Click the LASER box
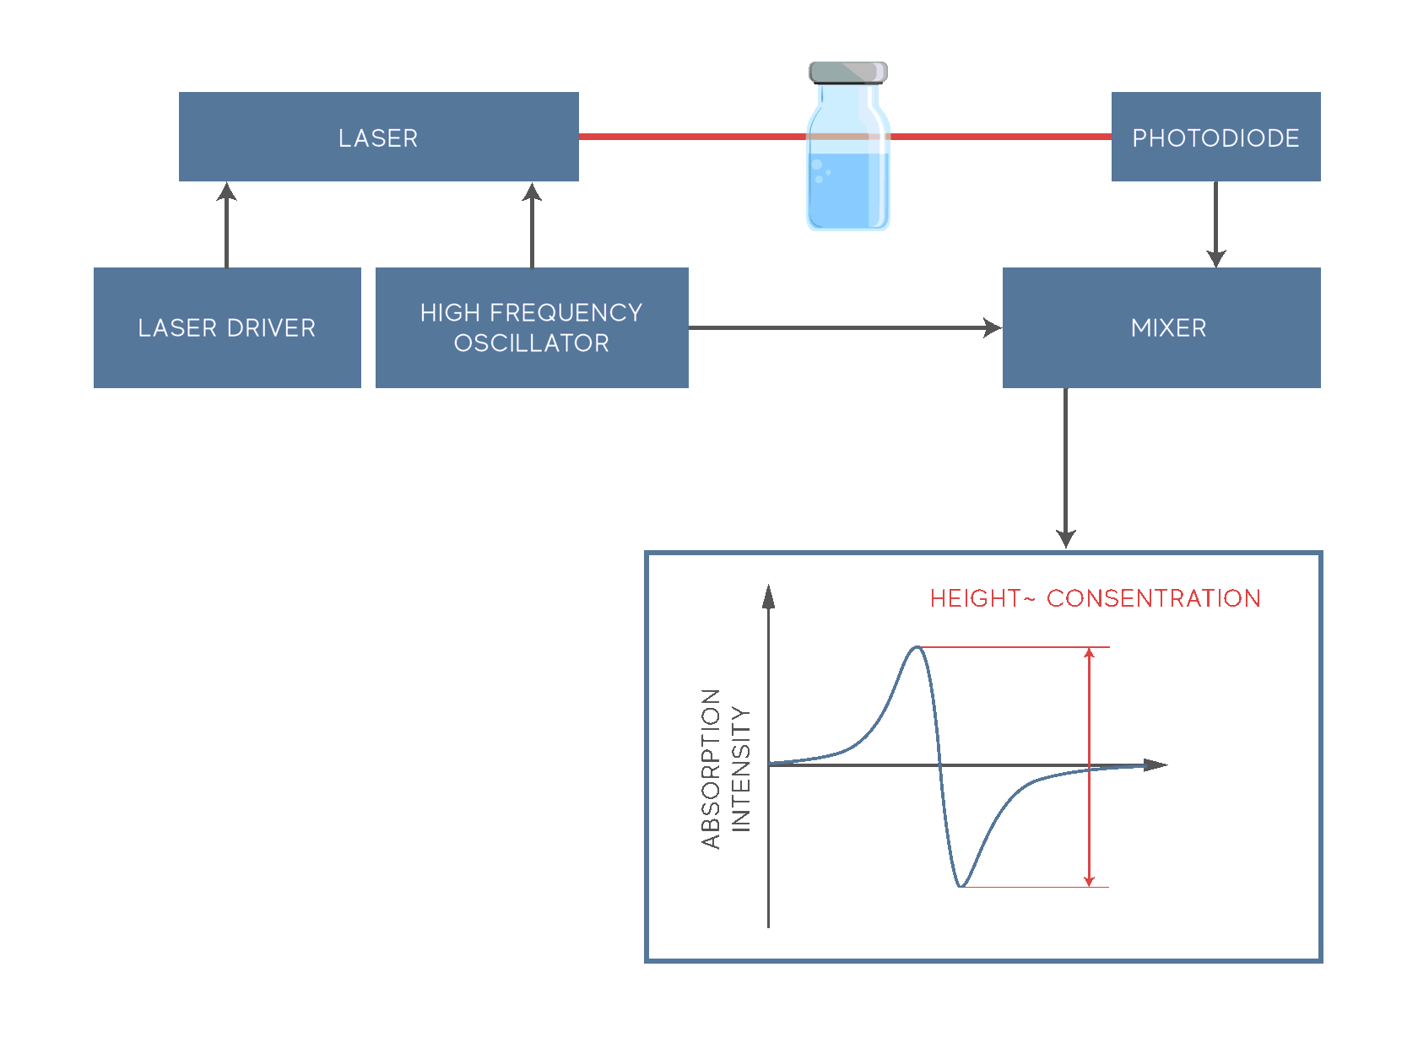[378, 137]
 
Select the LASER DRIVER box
[227, 327]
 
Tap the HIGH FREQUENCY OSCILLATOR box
[532, 327]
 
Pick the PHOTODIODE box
[1215, 137]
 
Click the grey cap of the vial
[847, 73]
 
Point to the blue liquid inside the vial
[847, 192]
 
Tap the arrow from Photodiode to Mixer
[1215, 224]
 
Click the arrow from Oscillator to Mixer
[844, 327]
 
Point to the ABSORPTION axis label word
[711, 768]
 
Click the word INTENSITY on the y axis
[740, 769]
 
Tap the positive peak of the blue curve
[917, 648]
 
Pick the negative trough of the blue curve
[961, 886]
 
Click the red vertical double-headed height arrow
[1089, 767]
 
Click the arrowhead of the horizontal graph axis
[1156, 765]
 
